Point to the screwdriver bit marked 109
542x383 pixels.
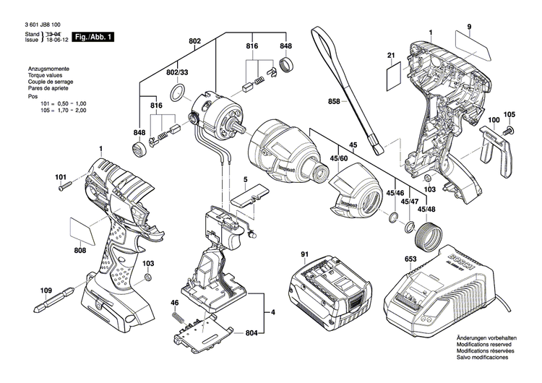[x=51, y=295]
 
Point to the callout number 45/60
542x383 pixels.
[x=340, y=158]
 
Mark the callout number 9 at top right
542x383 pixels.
[x=468, y=27]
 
